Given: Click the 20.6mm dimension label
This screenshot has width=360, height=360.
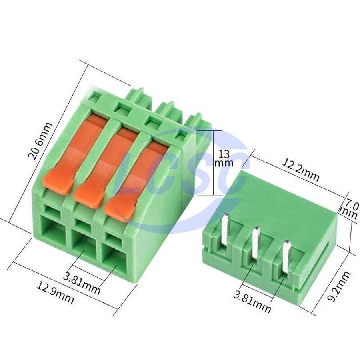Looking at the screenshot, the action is click(40, 141).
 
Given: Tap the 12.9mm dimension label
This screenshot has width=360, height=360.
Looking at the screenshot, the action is click(55, 293).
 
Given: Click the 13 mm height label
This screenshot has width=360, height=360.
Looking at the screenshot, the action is click(224, 158).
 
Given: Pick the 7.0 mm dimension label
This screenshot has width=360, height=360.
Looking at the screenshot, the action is click(349, 209).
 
